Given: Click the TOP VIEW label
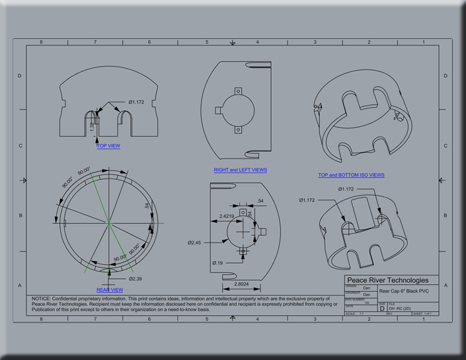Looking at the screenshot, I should (x=108, y=146).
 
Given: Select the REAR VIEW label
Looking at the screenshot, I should (x=110, y=290).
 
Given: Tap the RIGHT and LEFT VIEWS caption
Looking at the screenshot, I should (x=241, y=170).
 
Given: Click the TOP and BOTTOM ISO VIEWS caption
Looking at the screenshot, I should (x=351, y=175).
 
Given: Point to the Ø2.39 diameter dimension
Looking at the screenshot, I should (x=136, y=279).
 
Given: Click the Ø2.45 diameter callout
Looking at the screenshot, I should (x=194, y=242).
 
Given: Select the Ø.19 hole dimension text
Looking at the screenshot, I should (x=218, y=263).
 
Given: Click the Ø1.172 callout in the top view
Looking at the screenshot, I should (x=137, y=102).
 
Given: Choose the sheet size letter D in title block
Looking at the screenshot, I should (x=382, y=308).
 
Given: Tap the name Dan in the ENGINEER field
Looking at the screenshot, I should (x=367, y=295).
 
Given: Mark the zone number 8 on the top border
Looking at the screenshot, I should (x=41, y=42).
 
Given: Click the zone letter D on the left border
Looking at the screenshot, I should (x=20, y=76).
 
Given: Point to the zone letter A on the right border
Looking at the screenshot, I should (x=446, y=285).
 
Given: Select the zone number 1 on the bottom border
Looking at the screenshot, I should (x=424, y=319).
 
